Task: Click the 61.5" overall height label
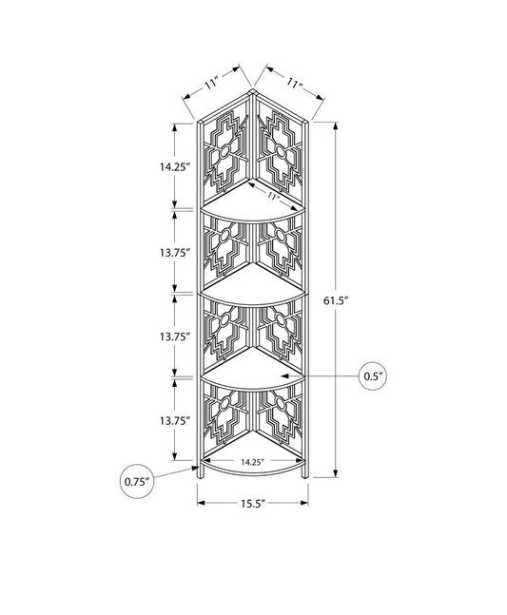pyautogui.click(x=337, y=300)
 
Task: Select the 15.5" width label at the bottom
pyautogui.click(x=253, y=504)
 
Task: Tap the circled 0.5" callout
pyautogui.click(x=373, y=376)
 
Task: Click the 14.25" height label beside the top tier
pyautogui.click(x=175, y=166)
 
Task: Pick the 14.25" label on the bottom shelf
pyautogui.click(x=251, y=462)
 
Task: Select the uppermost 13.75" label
pyautogui.click(x=175, y=253)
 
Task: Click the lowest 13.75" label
pyautogui.click(x=175, y=421)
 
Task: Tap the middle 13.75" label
pyautogui.click(x=175, y=336)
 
